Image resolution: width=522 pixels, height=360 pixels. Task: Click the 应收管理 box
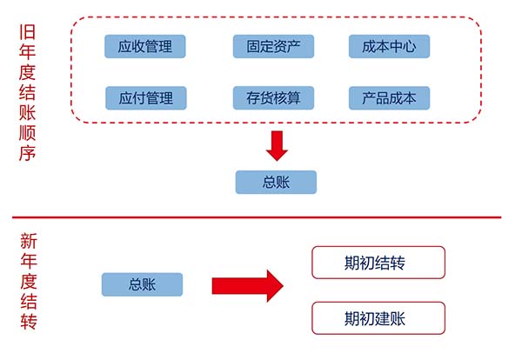(145, 46)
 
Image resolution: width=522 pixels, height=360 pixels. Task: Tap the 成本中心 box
(389, 46)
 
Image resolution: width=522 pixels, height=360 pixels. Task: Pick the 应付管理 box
(145, 97)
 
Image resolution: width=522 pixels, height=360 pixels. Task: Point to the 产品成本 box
(389, 97)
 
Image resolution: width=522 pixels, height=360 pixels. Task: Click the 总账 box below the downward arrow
(276, 182)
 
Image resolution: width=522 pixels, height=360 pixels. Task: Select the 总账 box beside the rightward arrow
(142, 284)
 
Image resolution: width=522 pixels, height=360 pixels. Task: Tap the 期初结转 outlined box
(378, 262)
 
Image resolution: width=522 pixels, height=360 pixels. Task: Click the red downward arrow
(277, 145)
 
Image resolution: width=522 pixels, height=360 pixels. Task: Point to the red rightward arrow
(248, 285)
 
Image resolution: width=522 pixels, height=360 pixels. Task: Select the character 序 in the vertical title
(27, 151)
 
